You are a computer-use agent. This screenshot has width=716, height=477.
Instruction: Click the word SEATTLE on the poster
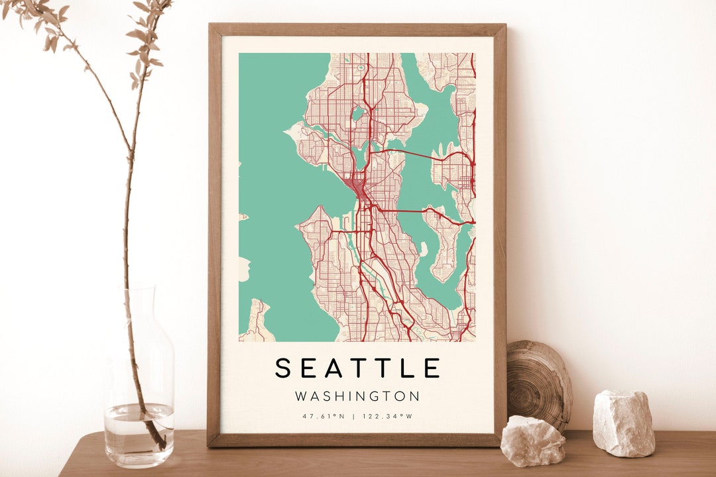pos(357,368)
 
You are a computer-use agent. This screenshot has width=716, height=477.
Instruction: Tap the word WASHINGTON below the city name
pos(357,396)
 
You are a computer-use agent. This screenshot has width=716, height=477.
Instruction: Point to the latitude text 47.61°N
pos(324,417)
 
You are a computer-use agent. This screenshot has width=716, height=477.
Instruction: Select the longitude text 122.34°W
pos(387,417)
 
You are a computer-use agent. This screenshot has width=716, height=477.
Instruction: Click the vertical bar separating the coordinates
pos(354,417)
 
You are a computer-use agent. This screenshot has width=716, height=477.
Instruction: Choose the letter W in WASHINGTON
pos(301,396)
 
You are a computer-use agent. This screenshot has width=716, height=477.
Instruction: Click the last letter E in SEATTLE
pos(432,368)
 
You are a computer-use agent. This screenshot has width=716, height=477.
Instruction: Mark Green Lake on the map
pos(358,113)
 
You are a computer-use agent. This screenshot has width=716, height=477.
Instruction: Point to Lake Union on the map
pos(361,156)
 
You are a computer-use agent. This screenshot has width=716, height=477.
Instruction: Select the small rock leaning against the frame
pos(532,441)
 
